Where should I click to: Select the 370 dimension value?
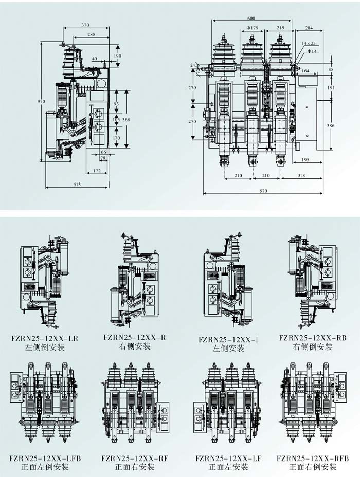coord(85,25)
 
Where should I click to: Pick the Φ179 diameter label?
coord(252,27)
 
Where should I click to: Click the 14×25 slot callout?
coord(309,43)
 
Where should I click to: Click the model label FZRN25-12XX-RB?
coord(313,338)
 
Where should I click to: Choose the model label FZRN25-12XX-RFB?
coord(313,458)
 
